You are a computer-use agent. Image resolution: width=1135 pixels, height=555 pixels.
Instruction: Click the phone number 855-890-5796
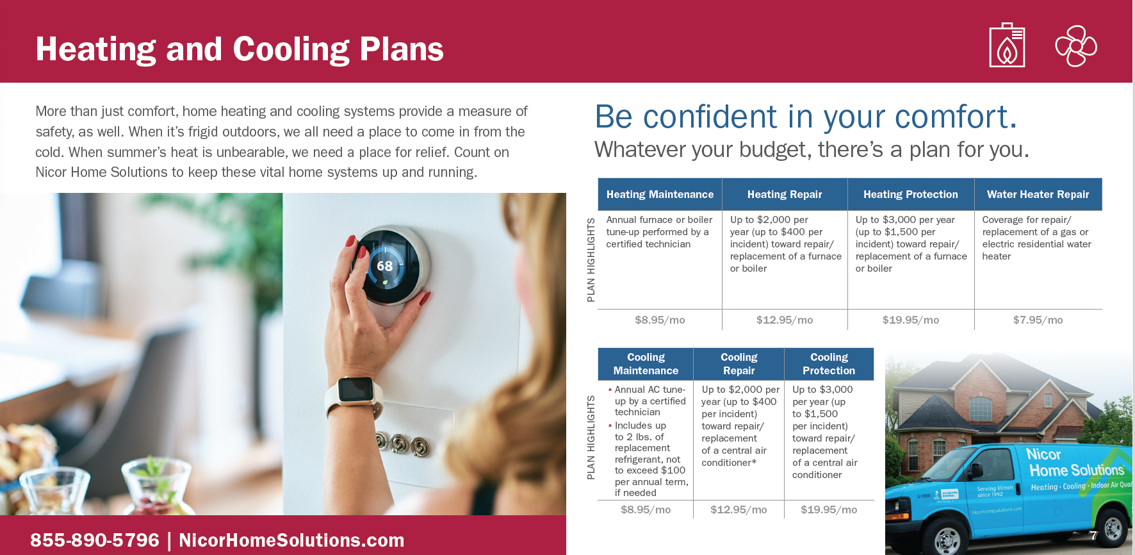(95, 540)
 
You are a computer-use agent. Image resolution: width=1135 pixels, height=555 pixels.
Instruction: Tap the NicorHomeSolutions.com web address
(291, 540)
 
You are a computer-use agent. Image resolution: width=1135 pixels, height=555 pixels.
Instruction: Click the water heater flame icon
(1007, 45)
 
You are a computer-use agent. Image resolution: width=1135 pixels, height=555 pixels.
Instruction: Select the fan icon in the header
(1076, 46)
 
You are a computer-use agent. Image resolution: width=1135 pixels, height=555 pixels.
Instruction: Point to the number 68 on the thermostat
(384, 266)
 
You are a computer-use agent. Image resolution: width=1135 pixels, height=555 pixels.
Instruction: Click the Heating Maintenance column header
(660, 194)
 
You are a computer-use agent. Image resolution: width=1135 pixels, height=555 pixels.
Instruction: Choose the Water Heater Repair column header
(1038, 194)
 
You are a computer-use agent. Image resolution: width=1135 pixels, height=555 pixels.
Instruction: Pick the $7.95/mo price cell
(1038, 320)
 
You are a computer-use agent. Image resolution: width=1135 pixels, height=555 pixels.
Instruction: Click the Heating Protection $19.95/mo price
(911, 320)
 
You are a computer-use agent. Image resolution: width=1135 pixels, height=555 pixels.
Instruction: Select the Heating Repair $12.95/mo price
(785, 320)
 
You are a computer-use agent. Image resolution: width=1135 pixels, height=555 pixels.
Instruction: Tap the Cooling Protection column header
(829, 364)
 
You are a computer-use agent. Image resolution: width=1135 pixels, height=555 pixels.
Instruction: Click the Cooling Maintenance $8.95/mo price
(646, 509)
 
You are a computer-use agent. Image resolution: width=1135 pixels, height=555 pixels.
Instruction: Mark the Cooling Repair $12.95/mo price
(739, 509)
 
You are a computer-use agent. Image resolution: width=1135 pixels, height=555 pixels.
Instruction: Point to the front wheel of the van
(946, 539)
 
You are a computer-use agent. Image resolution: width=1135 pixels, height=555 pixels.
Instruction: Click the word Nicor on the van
(1043, 454)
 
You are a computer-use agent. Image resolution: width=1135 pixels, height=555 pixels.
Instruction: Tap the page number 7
(1094, 535)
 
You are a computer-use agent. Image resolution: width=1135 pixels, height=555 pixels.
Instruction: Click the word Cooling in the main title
(291, 49)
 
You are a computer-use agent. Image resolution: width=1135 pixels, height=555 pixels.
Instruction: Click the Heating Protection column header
(911, 194)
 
